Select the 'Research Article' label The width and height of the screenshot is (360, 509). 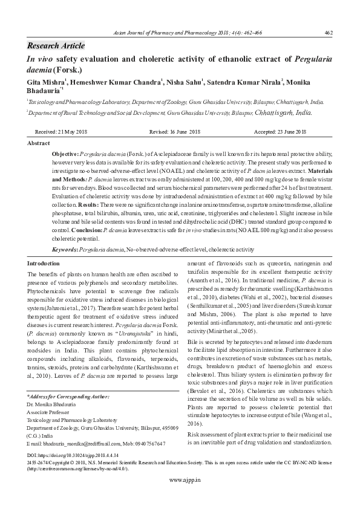tap(56, 46)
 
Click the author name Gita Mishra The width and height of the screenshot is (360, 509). tap(45, 81)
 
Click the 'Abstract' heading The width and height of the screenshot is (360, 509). tap(39, 143)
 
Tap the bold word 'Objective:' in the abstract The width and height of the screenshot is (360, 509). tap(66, 155)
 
